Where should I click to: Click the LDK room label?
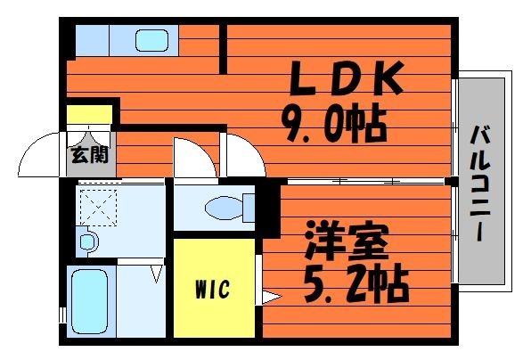(x=347, y=78)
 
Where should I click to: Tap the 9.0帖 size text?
(x=334, y=125)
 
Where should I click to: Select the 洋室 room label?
(x=346, y=240)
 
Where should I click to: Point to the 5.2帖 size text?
(x=356, y=285)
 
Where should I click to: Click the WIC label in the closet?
(x=213, y=289)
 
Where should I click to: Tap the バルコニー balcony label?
(x=480, y=184)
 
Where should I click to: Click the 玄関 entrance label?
(x=90, y=154)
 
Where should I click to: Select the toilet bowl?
(x=225, y=208)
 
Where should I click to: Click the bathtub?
(x=90, y=301)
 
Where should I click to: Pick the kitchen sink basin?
(x=152, y=40)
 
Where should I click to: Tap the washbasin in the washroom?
(x=88, y=241)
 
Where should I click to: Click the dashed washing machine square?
(x=98, y=208)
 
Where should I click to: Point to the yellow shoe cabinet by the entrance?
(x=89, y=114)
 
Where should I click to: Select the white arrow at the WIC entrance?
(x=271, y=297)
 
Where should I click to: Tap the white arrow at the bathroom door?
(x=157, y=274)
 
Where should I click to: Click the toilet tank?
(x=249, y=208)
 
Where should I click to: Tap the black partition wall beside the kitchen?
(x=223, y=49)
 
